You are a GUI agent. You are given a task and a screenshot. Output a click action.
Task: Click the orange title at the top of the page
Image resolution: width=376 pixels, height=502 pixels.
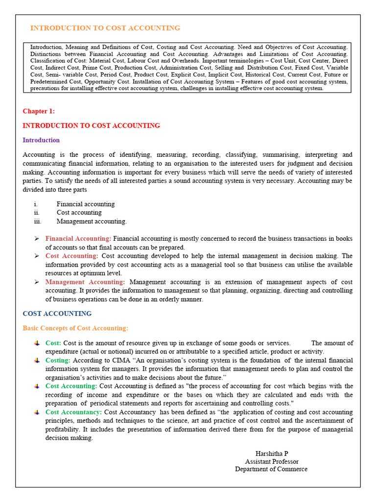105,28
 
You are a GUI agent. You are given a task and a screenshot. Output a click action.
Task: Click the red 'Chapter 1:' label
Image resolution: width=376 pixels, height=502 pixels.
39,111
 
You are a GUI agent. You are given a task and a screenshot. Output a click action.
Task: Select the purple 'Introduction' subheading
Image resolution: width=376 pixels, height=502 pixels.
41,140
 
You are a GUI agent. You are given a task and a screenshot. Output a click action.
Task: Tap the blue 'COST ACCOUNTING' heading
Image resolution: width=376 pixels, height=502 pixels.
57,314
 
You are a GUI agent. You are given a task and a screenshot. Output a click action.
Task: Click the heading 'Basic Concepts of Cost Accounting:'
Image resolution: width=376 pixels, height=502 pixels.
75,328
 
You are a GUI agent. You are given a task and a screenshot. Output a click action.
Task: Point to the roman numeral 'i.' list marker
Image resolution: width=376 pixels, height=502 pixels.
36,204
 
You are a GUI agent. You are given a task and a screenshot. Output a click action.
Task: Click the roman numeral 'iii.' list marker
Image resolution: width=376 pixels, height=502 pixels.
38,222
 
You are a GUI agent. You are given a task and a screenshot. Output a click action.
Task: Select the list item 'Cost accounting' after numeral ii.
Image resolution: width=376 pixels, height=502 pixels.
79,213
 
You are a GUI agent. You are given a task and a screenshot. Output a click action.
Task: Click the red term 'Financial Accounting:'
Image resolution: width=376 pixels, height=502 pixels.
78,239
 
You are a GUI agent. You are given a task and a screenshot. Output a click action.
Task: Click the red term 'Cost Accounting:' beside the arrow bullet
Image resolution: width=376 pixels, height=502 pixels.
71,256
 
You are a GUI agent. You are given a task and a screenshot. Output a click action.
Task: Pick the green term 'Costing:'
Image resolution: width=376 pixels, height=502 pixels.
58,360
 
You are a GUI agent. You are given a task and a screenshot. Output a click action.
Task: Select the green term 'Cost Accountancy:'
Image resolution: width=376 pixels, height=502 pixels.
73,412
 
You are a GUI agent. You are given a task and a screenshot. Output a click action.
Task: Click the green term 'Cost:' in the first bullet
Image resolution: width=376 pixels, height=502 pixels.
53,343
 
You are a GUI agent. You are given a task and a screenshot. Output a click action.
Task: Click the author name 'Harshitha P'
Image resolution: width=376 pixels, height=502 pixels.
272,453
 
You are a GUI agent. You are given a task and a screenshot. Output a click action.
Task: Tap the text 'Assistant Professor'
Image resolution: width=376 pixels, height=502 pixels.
272,461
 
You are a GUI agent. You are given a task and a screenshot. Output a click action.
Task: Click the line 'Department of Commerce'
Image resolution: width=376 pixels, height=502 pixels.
271,469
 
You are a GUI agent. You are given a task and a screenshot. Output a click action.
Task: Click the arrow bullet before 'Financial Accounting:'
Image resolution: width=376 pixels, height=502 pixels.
36,239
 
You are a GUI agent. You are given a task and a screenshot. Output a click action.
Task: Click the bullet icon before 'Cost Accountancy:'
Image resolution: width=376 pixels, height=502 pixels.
37,412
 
